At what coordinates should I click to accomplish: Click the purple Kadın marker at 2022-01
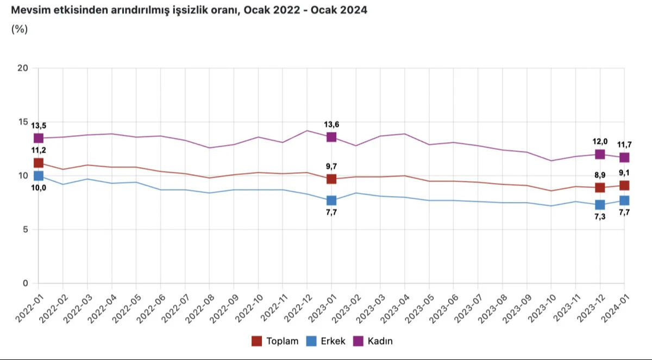(x=38, y=138)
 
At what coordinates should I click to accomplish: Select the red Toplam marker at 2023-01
(x=331, y=179)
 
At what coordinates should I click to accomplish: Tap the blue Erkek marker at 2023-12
(x=600, y=205)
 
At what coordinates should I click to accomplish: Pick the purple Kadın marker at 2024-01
(x=624, y=157)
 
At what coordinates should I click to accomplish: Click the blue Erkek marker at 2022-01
(x=38, y=175)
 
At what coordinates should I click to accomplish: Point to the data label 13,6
(x=331, y=124)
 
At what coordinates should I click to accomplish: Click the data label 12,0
(x=600, y=142)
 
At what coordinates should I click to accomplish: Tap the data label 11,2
(x=38, y=151)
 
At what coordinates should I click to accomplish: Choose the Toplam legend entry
(x=275, y=341)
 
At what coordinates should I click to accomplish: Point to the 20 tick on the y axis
(x=23, y=68)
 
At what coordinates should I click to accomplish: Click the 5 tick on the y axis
(x=25, y=229)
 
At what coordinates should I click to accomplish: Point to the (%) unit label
(x=20, y=29)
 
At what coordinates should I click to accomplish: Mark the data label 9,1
(x=624, y=173)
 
